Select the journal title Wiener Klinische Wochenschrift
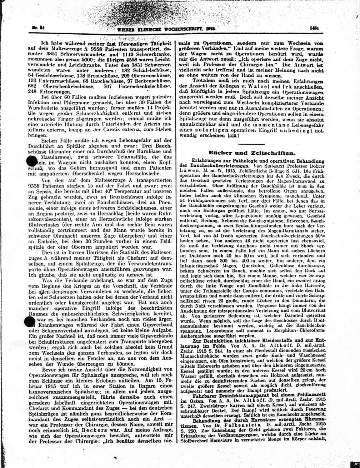point(164,29)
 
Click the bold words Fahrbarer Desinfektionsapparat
point(232,396)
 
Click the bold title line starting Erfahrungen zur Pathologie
point(257,161)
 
